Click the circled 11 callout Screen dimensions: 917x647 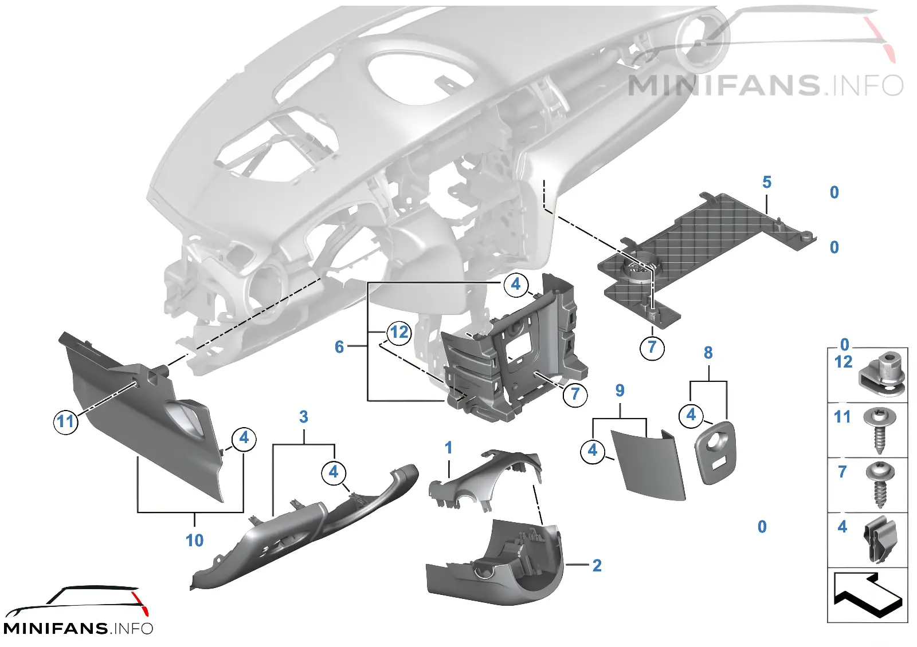[x=65, y=421]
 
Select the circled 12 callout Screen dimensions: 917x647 [x=399, y=333]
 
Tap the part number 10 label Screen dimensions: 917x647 [x=194, y=541]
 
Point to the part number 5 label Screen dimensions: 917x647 [x=767, y=183]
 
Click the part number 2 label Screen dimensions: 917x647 [x=597, y=566]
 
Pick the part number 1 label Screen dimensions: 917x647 [x=448, y=448]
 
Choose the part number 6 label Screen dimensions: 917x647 [x=339, y=347]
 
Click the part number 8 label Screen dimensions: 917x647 [x=708, y=353]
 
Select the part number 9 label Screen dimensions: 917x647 [x=620, y=390]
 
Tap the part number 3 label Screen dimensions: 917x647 [x=303, y=417]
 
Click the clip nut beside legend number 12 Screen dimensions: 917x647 [x=881, y=374]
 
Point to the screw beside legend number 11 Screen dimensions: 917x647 [x=879, y=429]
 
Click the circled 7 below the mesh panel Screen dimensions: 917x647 [x=652, y=348]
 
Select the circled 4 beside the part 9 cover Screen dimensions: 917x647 [x=593, y=451]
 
